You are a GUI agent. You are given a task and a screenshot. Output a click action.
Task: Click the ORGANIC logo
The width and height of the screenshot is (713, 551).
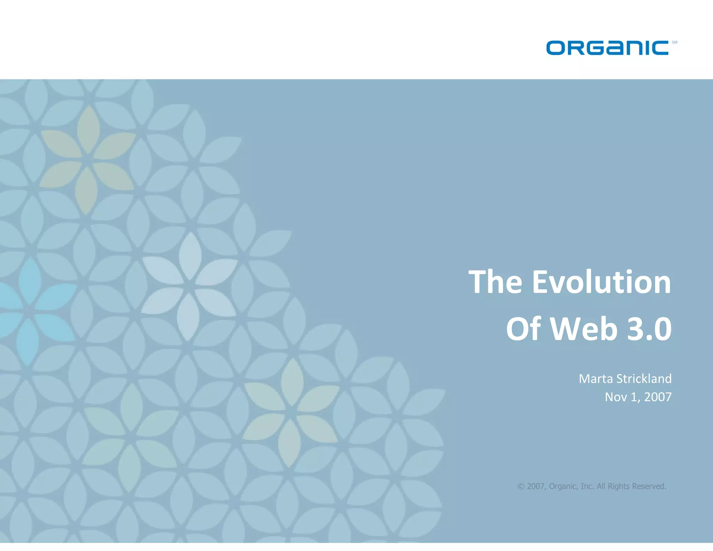click(x=607, y=48)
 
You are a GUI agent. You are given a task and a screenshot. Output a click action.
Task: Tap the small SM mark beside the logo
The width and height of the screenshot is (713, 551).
click(x=674, y=42)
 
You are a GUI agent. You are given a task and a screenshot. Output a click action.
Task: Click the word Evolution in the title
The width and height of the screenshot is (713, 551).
click(x=601, y=282)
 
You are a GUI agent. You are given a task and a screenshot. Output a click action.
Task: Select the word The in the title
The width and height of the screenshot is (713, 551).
click(x=495, y=282)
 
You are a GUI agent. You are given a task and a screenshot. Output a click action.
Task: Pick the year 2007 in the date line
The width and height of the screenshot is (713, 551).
click(x=658, y=397)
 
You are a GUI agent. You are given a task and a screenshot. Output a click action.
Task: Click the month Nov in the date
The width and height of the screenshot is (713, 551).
click(x=616, y=397)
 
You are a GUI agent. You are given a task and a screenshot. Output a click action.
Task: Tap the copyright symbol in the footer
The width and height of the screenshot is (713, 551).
click(x=520, y=486)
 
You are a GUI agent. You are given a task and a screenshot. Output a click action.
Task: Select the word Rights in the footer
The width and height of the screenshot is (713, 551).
click(x=619, y=486)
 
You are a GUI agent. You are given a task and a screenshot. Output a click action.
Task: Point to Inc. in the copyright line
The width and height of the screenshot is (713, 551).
click(x=587, y=486)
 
